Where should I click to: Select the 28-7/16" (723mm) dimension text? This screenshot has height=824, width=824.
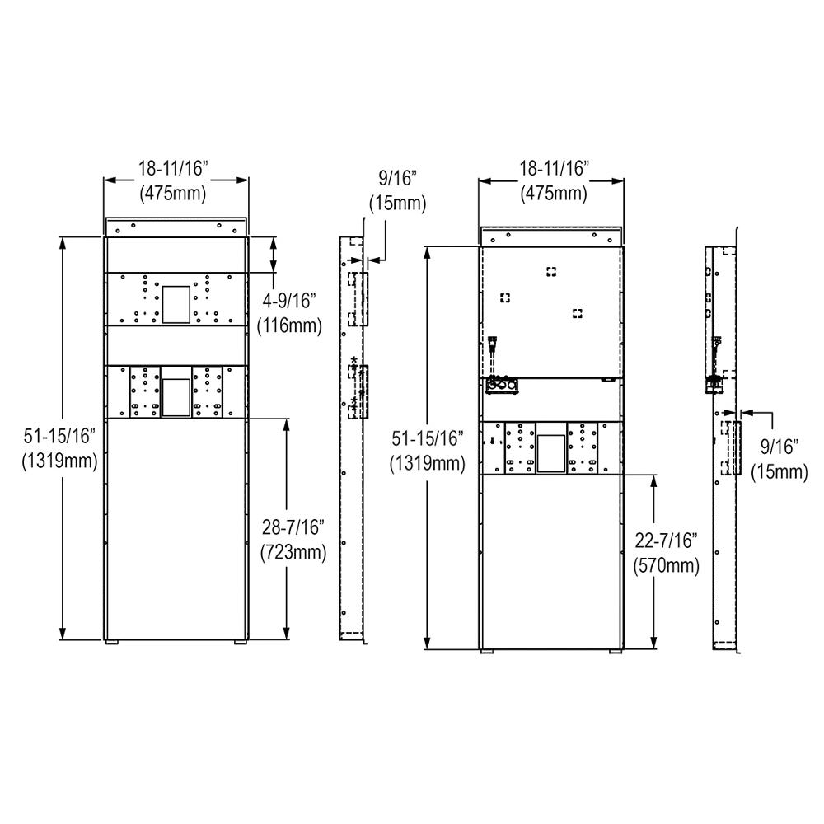point(293,541)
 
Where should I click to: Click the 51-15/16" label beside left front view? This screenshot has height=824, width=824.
point(59,449)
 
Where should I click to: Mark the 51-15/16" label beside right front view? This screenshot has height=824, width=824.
point(428,452)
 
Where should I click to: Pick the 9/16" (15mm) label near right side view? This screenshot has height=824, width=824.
point(778,459)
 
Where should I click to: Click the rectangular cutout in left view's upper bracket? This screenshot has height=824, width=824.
point(175,304)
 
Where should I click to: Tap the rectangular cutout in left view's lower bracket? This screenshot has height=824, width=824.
point(175,396)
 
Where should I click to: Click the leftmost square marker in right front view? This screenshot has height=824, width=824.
point(504,297)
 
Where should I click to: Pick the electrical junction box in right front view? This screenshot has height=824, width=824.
point(501,385)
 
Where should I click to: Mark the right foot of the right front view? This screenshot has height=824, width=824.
point(615,652)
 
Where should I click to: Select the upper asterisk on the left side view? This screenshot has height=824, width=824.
point(354,360)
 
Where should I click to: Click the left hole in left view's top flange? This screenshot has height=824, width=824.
point(119,229)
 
